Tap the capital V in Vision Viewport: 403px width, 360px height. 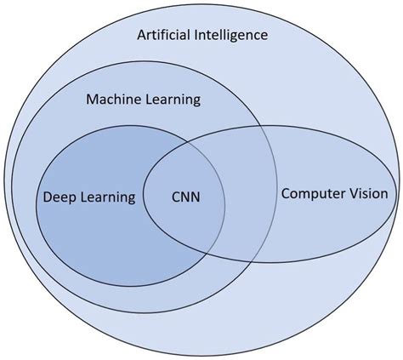coord(354,193)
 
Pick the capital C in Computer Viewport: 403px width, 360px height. coord(286,194)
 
